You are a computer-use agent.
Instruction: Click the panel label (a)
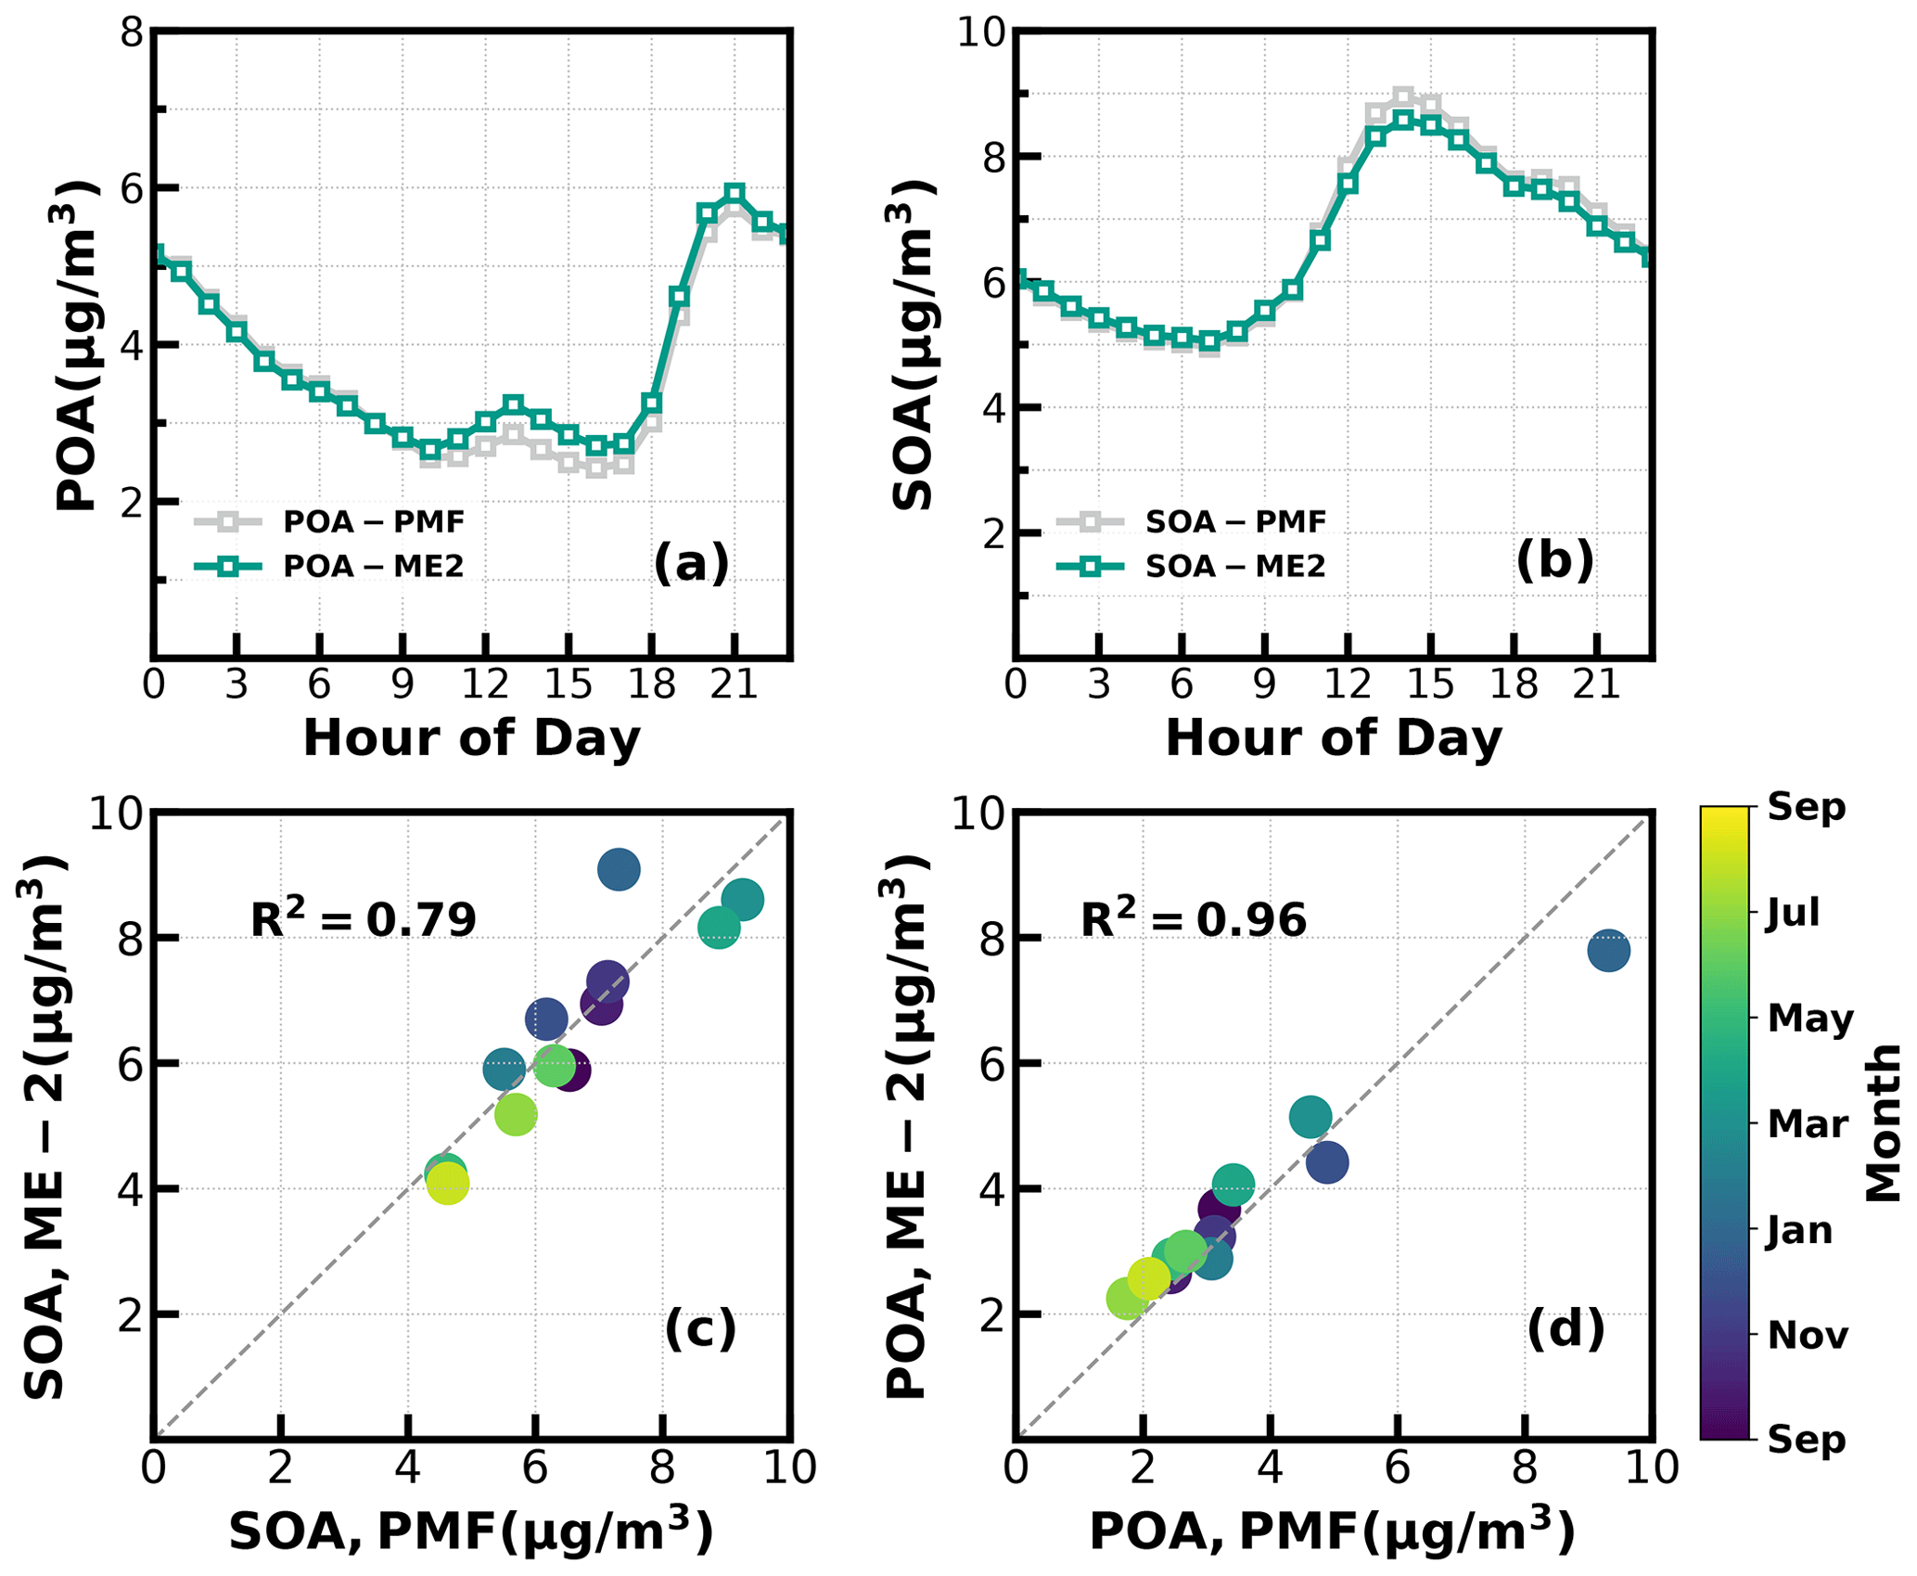pos(691,562)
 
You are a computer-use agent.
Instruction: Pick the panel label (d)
pos(1566,1328)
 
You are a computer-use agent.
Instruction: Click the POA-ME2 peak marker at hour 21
pos(735,193)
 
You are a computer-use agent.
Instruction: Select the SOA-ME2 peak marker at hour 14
pos(1403,119)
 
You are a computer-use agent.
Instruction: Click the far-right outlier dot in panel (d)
pos(1608,950)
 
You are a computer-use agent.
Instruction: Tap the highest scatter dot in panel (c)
pos(619,870)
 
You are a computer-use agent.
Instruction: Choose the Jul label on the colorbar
pos(1793,913)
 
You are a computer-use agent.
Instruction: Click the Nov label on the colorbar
pos(1808,1335)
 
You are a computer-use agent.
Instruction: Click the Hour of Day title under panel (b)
pos(1334,738)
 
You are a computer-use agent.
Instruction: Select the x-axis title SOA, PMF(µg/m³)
pos(471,1531)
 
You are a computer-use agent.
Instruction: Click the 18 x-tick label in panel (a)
pos(652,685)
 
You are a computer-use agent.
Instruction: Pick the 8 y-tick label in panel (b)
pos(993,158)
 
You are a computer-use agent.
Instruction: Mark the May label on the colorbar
pos(1809,1019)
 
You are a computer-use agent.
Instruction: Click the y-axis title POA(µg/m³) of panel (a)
pos(76,345)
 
